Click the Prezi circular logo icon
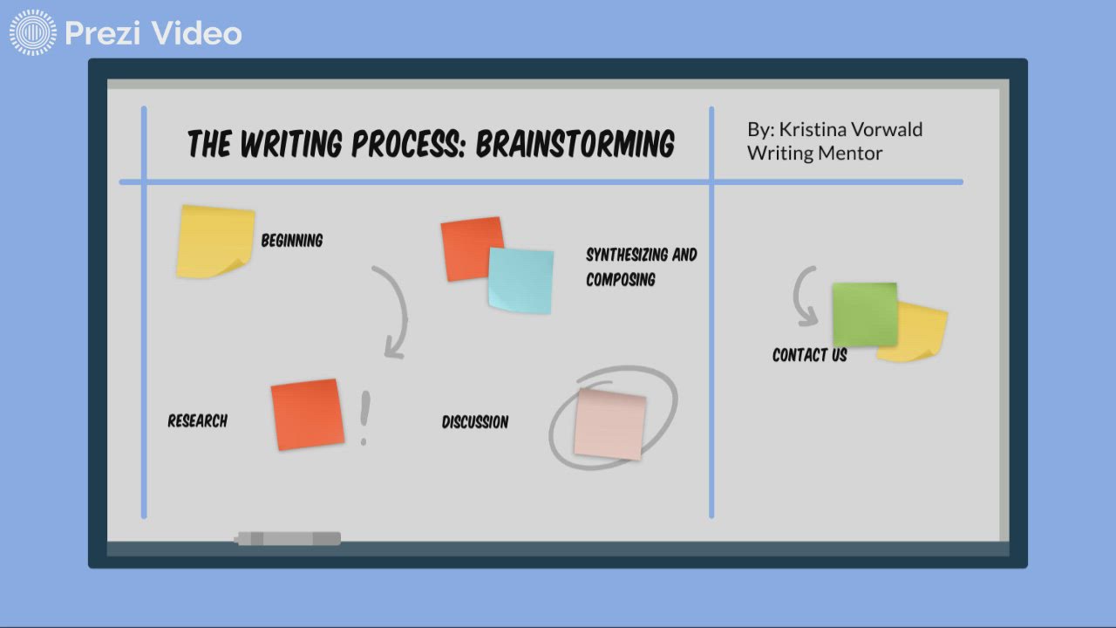coord(32,33)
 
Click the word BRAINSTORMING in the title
coord(575,144)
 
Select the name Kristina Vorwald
coord(850,129)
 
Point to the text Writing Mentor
coord(814,154)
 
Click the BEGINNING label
coord(292,241)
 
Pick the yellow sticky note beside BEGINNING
coord(214,241)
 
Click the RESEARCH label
coord(197,421)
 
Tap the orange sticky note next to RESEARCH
coord(307,414)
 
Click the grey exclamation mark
coord(364,418)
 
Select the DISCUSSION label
coord(475,422)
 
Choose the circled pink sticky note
coord(609,423)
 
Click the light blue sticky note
coord(521,280)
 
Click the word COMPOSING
coord(620,280)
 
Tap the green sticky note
coord(864,314)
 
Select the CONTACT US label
coord(809,355)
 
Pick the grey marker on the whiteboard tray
coord(288,539)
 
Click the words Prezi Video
coord(153,33)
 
